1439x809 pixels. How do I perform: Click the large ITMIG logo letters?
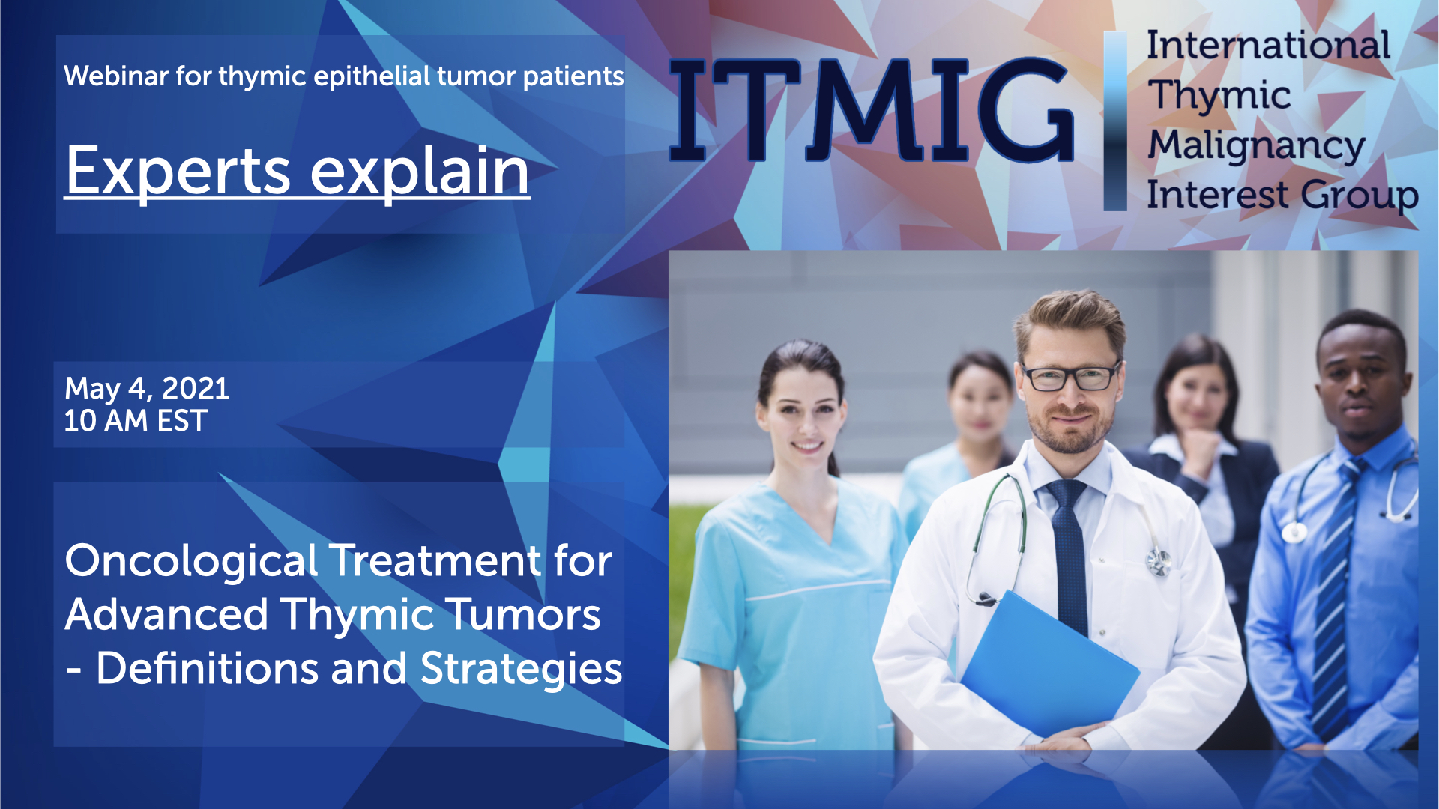point(871,109)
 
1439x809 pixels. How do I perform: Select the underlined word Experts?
point(178,172)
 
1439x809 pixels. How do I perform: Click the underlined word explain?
point(420,172)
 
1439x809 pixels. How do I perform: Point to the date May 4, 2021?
point(147,388)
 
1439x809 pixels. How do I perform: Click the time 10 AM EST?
point(136,421)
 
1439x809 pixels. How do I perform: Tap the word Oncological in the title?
point(191,562)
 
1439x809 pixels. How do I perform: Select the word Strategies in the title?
point(522,668)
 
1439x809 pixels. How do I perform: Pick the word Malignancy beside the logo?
point(1256,145)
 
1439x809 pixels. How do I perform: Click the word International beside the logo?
point(1268,45)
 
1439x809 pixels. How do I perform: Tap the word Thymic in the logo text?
point(1219,96)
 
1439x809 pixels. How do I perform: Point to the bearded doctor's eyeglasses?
point(1071,376)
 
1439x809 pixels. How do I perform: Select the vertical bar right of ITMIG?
point(1115,121)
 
